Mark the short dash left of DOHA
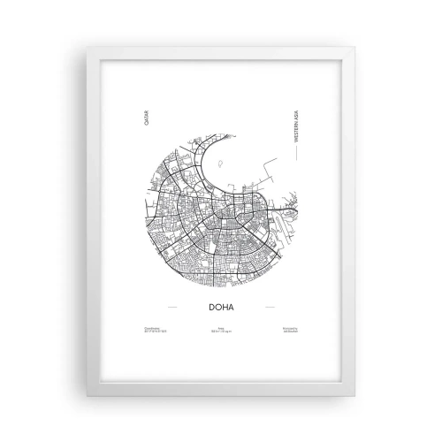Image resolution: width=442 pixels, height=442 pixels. click(x=172, y=308)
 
